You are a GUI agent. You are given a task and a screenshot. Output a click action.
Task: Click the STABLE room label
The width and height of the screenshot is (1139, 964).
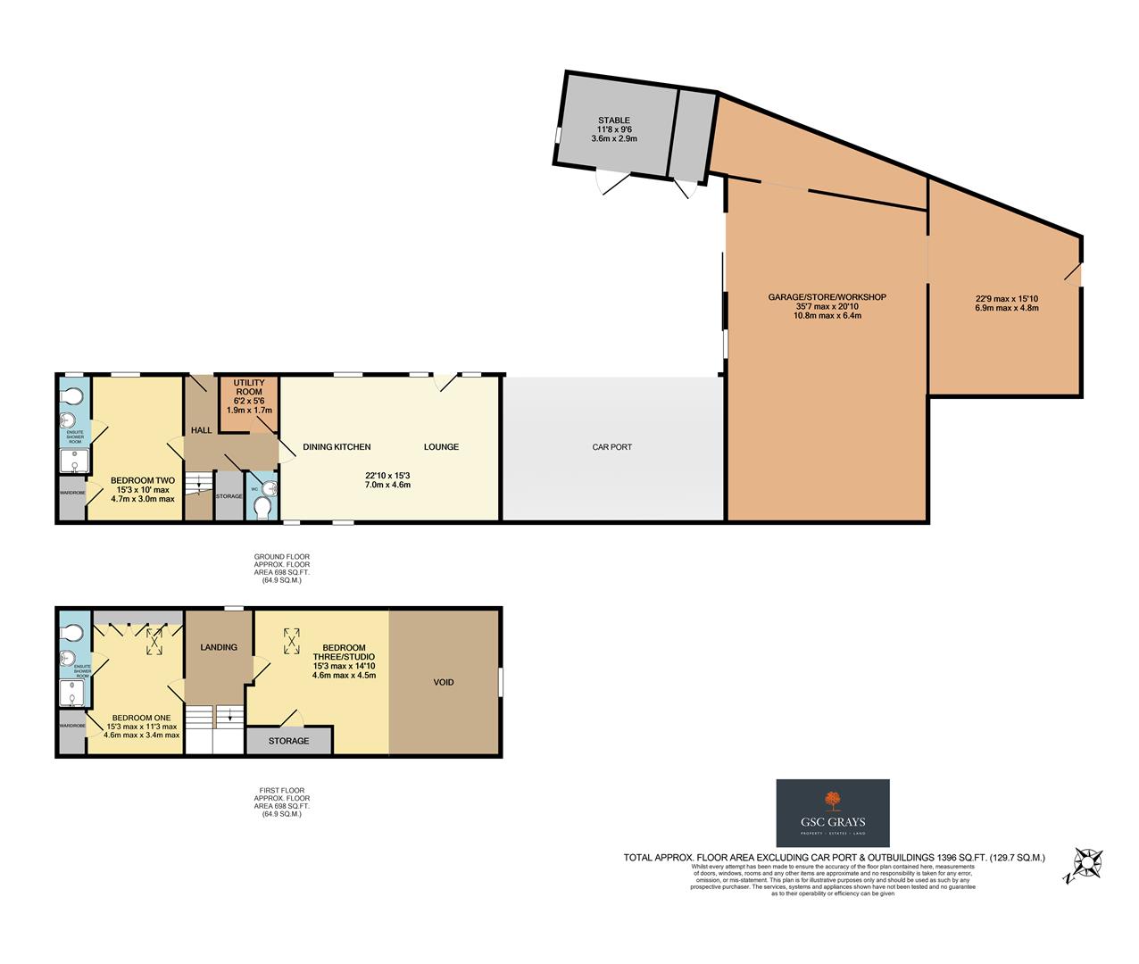pos(613,120)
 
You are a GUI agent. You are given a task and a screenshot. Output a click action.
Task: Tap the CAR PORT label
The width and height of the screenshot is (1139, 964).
pos(611,447)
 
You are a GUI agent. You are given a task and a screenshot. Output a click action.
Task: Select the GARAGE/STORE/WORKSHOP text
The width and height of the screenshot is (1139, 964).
pos(827,297)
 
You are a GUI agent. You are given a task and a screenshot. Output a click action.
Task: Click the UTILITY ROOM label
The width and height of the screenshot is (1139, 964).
pos(249,387)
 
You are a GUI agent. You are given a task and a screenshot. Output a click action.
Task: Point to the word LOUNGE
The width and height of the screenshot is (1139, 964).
pos(441,447)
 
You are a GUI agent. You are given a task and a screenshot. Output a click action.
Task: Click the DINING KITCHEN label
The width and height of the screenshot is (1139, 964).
pos(337,447)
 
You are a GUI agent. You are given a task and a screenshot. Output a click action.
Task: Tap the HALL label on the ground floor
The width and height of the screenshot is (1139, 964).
pos(201,430)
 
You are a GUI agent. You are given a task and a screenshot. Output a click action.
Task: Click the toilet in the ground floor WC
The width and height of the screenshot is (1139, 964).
pos(262,508)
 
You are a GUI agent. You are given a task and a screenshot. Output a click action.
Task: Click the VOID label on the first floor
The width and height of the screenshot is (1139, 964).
pos(444,683)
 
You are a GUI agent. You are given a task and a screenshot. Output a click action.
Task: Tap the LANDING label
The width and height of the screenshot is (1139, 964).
pos(219,647)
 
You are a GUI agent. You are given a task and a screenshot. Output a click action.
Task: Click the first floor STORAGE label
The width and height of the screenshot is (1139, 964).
pos(288,741)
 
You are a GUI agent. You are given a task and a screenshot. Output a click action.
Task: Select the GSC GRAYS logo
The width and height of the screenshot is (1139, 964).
pos(832,813)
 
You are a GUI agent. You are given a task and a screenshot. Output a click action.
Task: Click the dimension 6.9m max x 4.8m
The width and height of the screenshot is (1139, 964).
pos(1007,308)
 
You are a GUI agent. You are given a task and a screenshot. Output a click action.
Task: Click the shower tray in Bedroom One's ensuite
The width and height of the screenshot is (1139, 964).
pos(73,694)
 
